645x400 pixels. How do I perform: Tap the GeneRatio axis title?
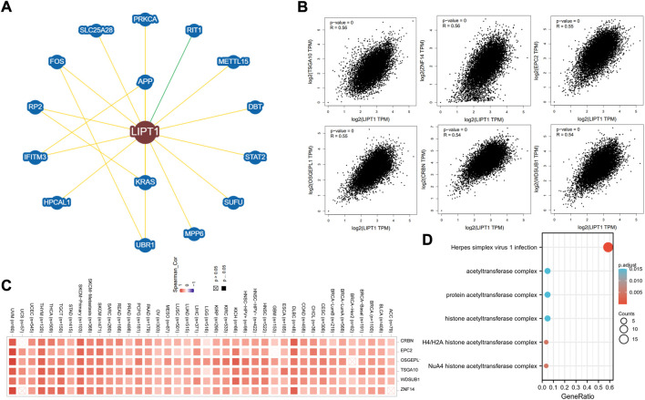tap(578, 393)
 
